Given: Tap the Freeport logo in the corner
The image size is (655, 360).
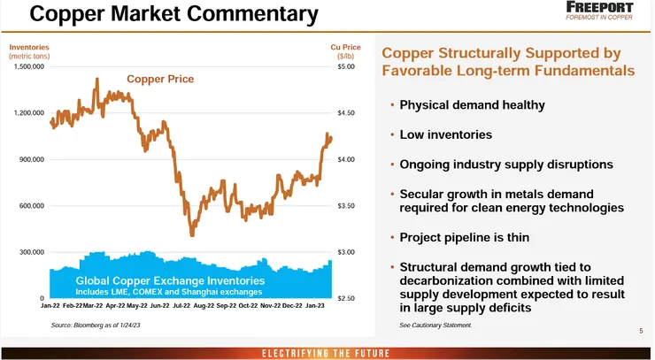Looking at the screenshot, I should [606, 11].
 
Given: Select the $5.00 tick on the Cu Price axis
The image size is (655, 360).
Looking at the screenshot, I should [346, 66].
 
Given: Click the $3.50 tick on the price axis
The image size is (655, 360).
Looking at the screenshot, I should [346, 206].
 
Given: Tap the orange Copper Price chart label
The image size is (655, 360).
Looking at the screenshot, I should [160, 79].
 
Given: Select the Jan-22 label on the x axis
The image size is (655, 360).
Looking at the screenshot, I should [51, 306].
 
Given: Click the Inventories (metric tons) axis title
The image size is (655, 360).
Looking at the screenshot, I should [29, 50].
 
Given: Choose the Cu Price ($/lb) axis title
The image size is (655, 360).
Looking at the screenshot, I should [345, 50].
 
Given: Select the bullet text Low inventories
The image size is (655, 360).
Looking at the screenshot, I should [445, 135].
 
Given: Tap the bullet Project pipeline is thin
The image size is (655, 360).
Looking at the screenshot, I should [470, 238].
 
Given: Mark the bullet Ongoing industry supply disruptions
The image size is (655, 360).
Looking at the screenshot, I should [506, 165].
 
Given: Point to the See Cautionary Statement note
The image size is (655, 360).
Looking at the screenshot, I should [435, 326].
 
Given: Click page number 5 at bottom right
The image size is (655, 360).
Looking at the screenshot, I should [641, 331].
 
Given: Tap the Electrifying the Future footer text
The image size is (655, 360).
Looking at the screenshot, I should [327, 353].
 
